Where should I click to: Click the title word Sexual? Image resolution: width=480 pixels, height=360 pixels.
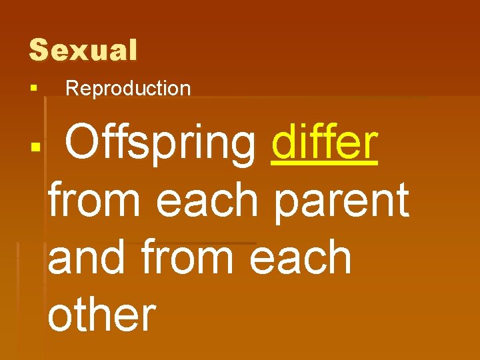(83, 51)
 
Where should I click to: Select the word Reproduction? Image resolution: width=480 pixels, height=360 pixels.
(128, 89)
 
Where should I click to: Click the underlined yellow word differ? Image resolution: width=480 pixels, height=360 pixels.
(325, 143)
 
